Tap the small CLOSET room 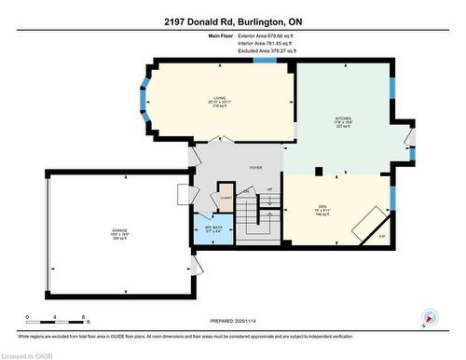pos(225,199)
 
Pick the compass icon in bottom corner pos(430,317)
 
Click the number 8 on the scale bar pos(84,317)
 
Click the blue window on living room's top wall pos(265,62)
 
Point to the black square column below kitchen pos(321,172)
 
